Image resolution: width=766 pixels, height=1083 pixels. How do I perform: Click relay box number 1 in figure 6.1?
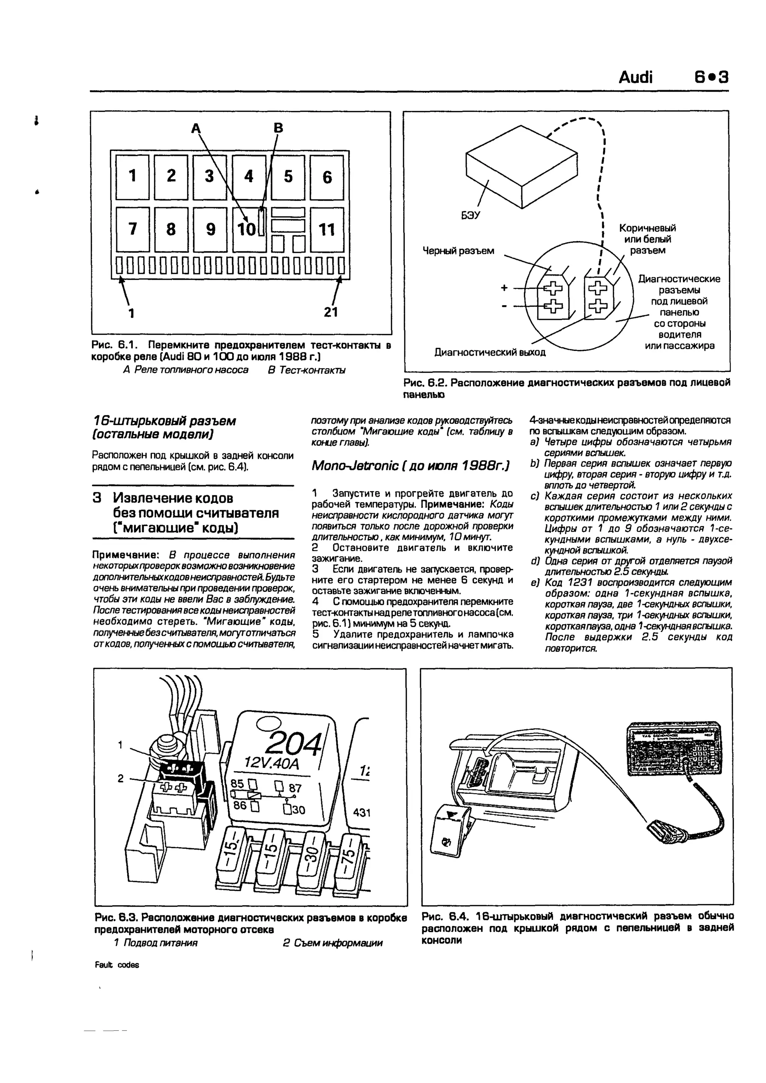132,177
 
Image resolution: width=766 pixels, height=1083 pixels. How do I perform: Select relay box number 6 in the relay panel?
327,177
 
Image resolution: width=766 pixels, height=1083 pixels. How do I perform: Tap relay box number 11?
327,230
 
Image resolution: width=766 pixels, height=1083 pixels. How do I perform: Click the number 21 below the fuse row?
331,312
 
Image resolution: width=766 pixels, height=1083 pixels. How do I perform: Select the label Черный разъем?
459,251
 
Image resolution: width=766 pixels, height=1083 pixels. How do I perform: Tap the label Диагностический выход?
490,352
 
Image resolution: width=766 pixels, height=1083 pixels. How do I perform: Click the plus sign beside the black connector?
504,287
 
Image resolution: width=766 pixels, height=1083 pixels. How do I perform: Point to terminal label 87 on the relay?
295,788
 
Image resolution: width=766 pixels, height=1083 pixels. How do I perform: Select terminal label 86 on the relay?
240,805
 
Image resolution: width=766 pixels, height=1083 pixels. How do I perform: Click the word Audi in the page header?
635,77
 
